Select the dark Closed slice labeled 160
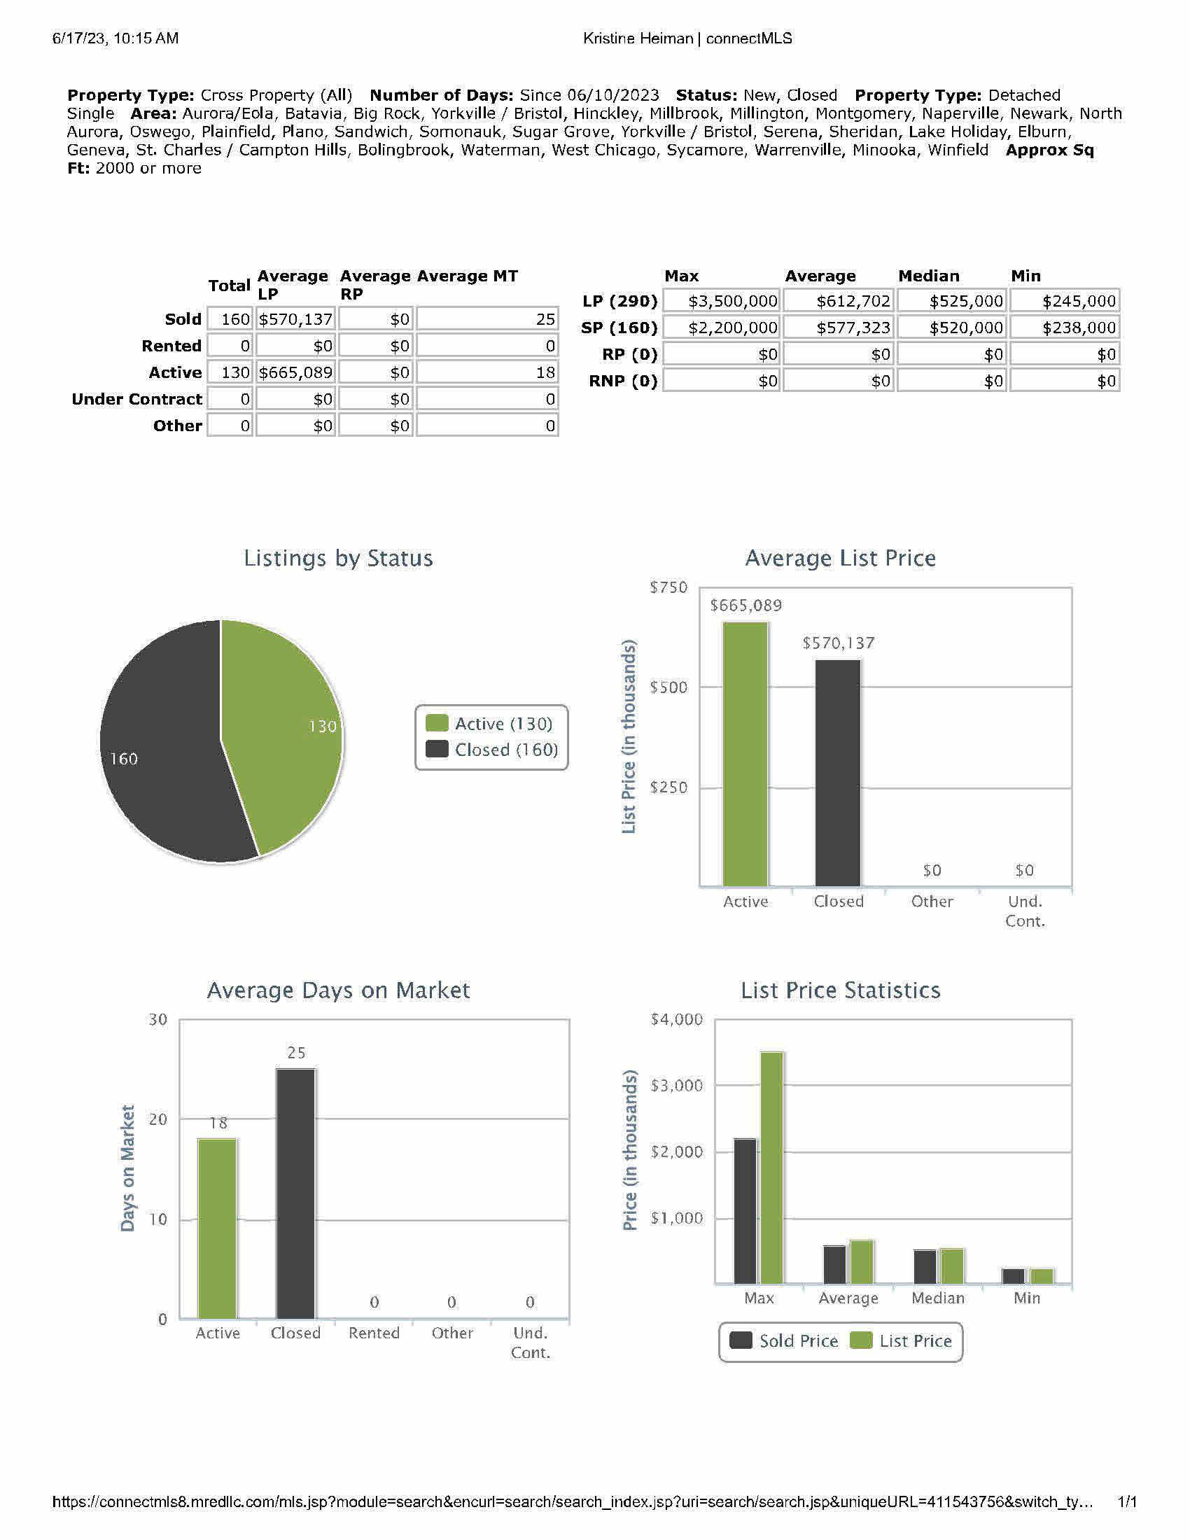point(162,762)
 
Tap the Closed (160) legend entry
point(492,750)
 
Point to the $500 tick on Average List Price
point(668,687)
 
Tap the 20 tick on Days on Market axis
point(158,1120)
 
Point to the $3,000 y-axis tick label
point(676,1086)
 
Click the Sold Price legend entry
point(784,1340)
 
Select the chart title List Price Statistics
point(840,990)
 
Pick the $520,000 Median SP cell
point(952,328)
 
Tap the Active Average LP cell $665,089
point(295,372)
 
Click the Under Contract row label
point(136,399)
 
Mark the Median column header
point(928,276)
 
